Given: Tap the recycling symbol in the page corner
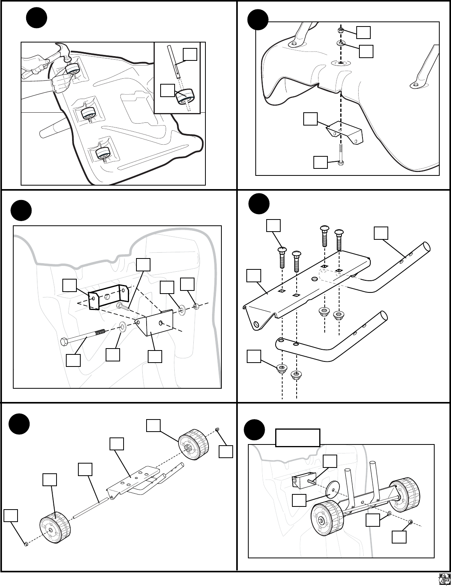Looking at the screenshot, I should click(444, 579).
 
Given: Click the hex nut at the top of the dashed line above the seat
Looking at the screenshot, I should click(340, 30).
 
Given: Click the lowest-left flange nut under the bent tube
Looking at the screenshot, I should click(281, 368).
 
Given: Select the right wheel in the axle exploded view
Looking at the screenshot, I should click(193, 444).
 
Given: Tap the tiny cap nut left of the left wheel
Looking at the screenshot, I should click(25, 544).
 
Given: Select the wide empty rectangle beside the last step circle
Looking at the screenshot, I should click(298, 437).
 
